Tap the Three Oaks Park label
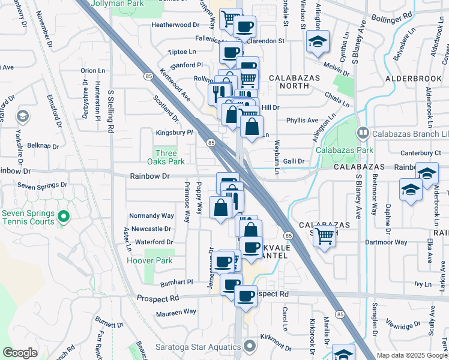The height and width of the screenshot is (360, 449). (x=166, y=157)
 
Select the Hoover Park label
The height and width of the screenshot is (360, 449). (x=149, y=260)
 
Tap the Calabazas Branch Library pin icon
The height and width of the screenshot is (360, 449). (x=363, y=133)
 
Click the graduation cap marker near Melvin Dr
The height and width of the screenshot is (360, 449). (x=318, y=41)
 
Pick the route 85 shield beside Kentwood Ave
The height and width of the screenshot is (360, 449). (x=148, y=76)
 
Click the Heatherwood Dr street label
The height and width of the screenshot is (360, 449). (x=175, y=25)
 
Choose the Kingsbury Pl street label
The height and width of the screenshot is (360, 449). (x=174, y=132)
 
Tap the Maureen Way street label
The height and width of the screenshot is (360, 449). (x=176, y=311)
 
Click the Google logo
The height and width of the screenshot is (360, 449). (x=20, y=353)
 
